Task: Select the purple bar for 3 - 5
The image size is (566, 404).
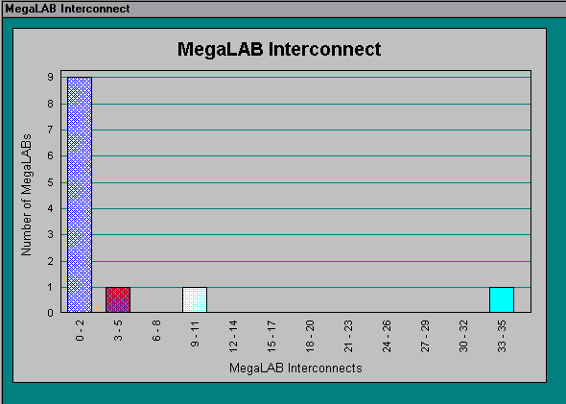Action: click(x=118, y=299)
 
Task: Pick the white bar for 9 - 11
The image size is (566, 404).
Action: click(x=195, y=299)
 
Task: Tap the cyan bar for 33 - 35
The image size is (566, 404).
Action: click(x=502, y=299)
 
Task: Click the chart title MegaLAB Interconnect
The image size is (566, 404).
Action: click(x=279, y=49)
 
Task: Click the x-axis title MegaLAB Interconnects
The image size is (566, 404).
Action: click(x=295, y=368)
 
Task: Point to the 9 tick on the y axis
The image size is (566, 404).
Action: click(x=50, y=78)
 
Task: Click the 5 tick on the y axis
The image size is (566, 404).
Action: click(x=50, y=182)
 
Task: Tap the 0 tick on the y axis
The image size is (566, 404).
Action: click(x=50, y=313)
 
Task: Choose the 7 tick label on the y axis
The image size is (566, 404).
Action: click(x=50, y=130)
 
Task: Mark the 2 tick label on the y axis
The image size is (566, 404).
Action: click(x=50, y=261)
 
